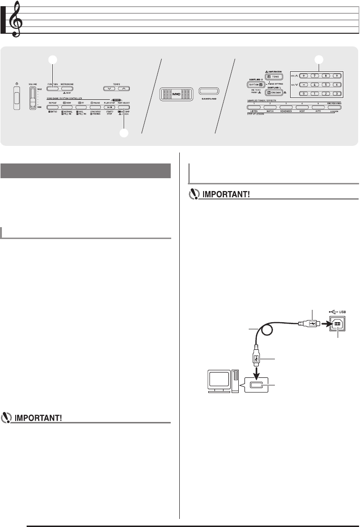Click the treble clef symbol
click(18, 19)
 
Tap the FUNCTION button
click(53, 88)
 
